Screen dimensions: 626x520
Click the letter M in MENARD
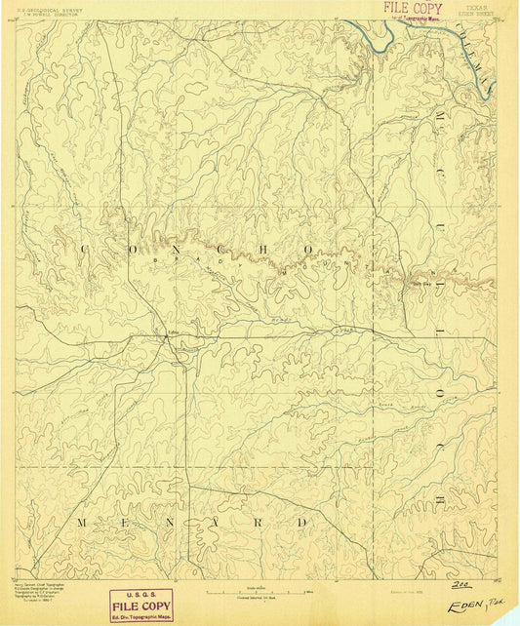(82, 524)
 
